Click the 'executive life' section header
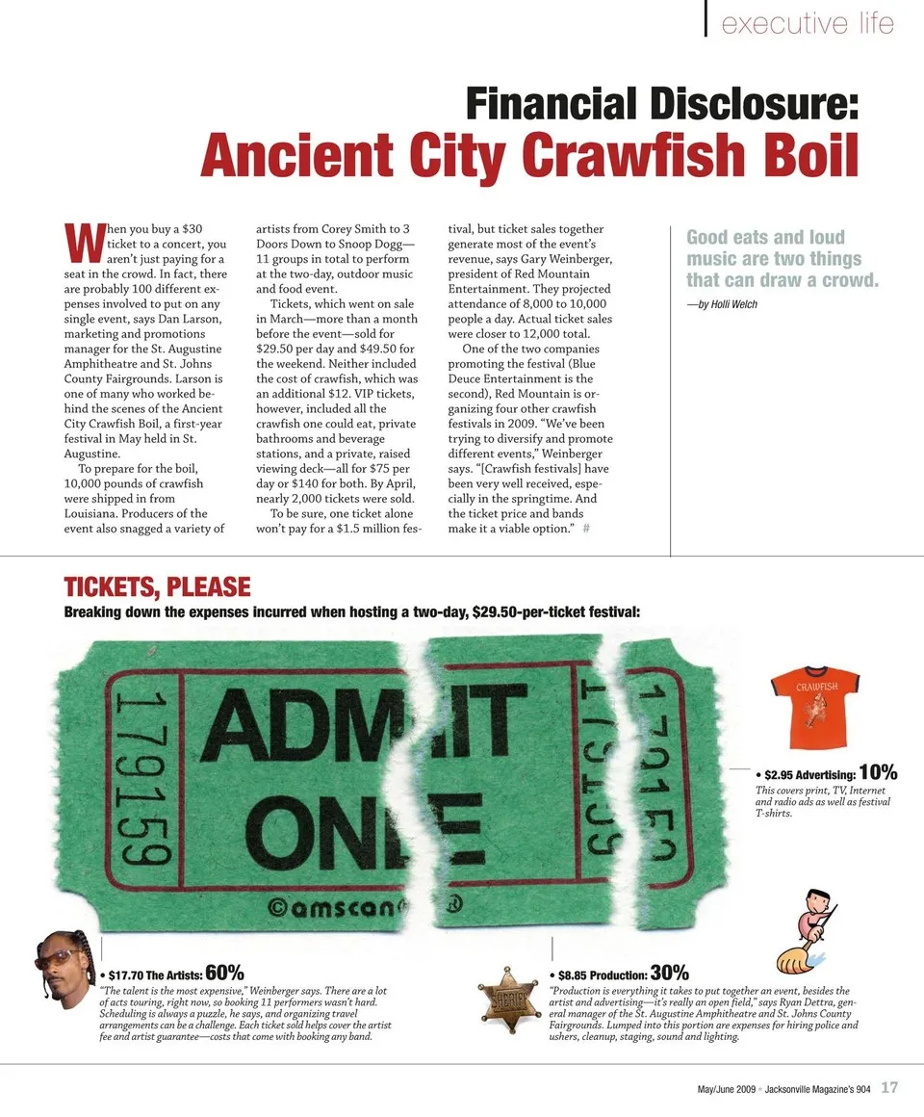pyautogui.click(x=808, y=22)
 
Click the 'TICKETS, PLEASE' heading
pyautogui.click(x=157, y=586)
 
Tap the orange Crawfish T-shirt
pyautogui.click(x=814, y=709)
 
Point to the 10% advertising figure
pyautogui.click(x=878, y=772)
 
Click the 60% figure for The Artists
pyautogui.click(x=224, y=972)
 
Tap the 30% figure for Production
pyautogui.click(x=670, y=973)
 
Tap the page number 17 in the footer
pyautogui.click(x=889, y=1088)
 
